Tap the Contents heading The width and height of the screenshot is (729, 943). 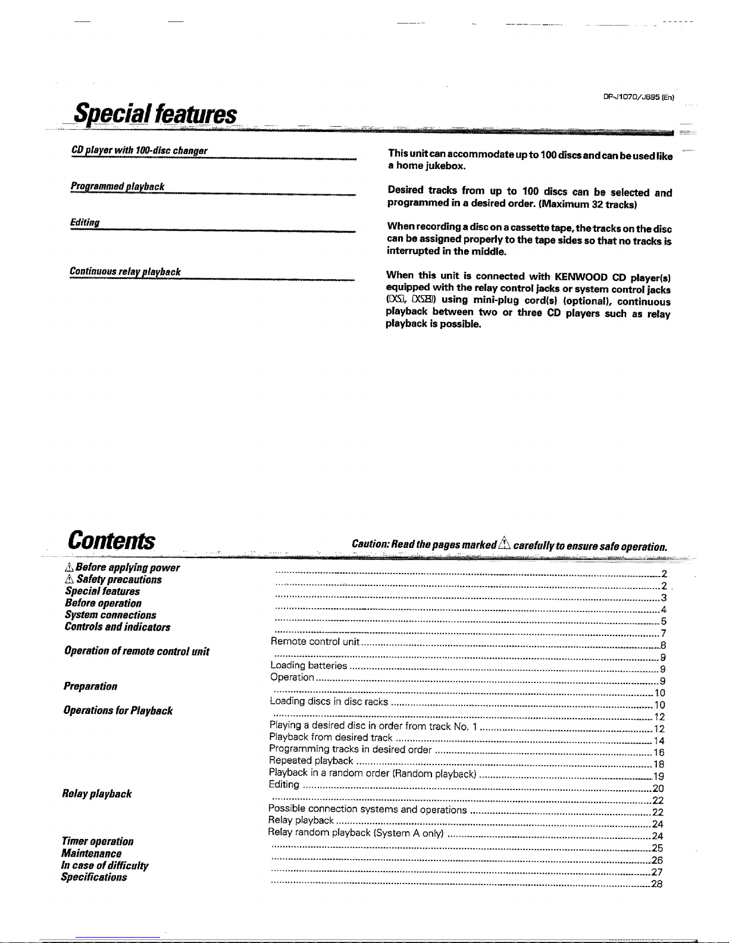pyautogui.click(x=111, y=541)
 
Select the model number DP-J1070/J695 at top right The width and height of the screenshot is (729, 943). pyautogui.click(x=637, y=96)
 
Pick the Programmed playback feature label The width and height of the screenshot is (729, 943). pyautogui.click(x=117, y=187)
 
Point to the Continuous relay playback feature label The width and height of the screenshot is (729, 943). pyautogui.click(x=125, y=271)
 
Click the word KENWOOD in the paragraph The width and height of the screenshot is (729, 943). pyautogui.click(x=580, y=277)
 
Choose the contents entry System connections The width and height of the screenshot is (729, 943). pyautogui.click(x=111, y=615)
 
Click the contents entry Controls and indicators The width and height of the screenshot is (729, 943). pyautogui.click(x=117, y=627)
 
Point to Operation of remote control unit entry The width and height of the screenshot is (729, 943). pyautogui.click(x=136, y=651)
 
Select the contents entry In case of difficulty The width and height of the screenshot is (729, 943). pyautogui.click(x=105, y=865)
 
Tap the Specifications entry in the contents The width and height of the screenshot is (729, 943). pyautogui.click(x=94, y=877)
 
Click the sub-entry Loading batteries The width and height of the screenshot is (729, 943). pyautogui.click(x=308, y=665)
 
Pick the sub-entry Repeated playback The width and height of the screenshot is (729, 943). pyautogui.click(x=311, y=760)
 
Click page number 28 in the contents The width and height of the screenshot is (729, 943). pyautogui.click(x=657, y=884)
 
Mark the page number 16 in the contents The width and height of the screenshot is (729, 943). pyautogui.click(x=658, y=753)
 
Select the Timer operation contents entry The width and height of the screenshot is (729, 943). pyautogui.click(x=97, y=841)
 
